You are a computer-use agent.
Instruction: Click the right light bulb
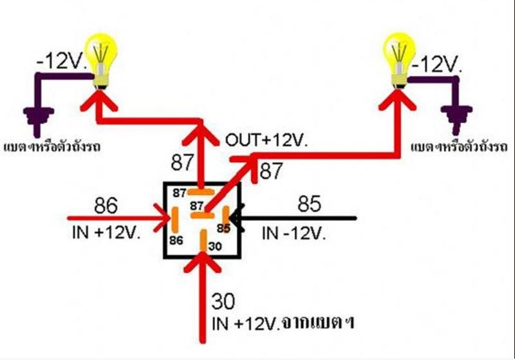[x=400, y=57]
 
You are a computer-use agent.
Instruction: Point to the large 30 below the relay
[x=224, y=301]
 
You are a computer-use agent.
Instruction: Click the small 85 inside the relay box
[x=223, y=227]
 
